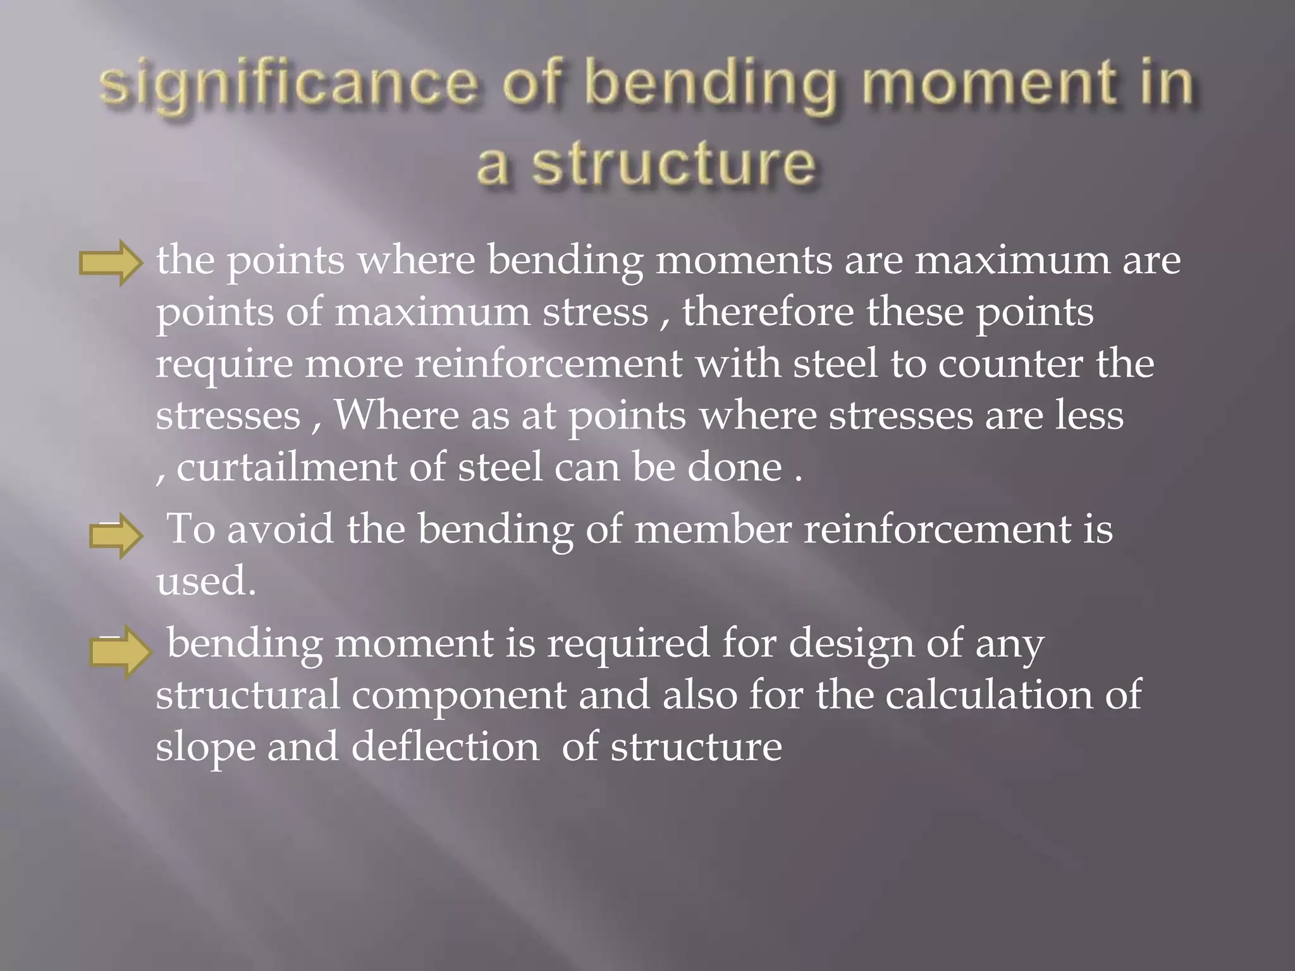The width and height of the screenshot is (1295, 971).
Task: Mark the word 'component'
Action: point(459,696)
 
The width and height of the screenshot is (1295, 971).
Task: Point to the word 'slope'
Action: point(206,748)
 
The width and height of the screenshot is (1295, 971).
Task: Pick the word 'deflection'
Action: point(445,747)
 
